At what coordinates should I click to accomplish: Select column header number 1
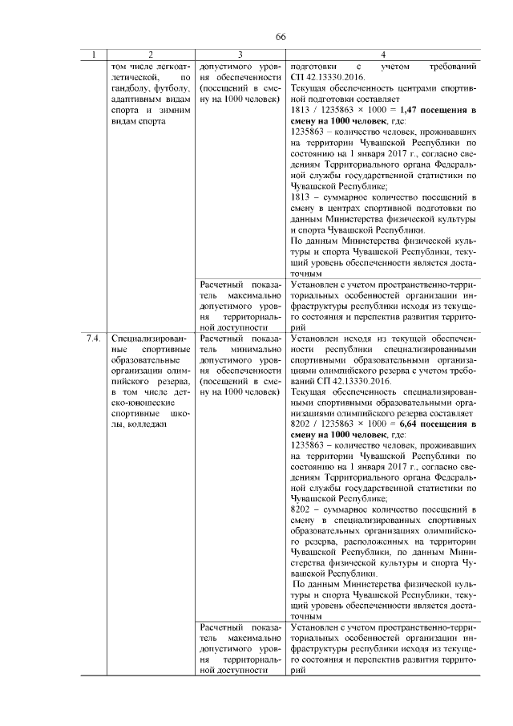point(94,55)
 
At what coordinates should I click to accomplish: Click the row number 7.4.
point(94,338)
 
